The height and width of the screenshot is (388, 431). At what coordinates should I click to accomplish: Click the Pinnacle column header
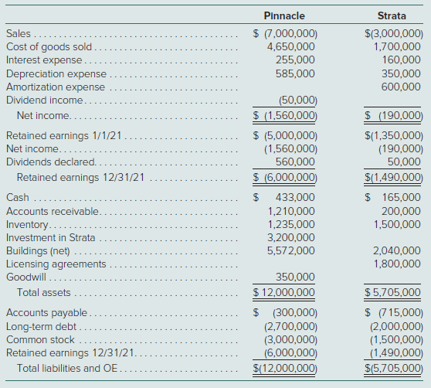[x=284, y=15]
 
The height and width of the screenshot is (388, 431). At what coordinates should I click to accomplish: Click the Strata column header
[x=392, y=15]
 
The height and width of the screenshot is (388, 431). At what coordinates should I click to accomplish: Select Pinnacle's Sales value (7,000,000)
[x=291, y=33]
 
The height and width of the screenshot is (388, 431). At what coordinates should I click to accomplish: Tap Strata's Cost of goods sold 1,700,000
[x=397, y=46]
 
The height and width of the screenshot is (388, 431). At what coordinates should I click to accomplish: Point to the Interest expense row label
[x=44, y=60]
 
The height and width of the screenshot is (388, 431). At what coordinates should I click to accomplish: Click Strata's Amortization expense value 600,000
[x=401, y=87]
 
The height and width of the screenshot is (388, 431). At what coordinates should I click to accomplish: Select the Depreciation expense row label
[x=56, y=73]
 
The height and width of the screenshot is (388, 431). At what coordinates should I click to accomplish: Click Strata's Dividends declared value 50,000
[x=404, y=162]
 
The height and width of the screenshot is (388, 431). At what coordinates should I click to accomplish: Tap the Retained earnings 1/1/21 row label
[x=64, y=135]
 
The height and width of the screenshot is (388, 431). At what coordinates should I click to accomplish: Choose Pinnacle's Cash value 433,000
[x=295, y=197]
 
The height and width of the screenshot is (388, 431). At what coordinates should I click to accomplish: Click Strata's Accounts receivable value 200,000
[x=401, y=211]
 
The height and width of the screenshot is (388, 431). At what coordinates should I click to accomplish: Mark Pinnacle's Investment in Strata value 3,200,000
[x=291, y=237]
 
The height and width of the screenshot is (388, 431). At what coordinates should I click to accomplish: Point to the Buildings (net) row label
[x=38, y=250]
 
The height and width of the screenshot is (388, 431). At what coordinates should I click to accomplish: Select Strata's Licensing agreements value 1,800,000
[x=397, y=264]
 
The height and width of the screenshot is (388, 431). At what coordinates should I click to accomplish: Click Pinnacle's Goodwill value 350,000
[x=295, y=277]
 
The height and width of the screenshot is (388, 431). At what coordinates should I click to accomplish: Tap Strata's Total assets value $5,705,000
[x=392, y=292]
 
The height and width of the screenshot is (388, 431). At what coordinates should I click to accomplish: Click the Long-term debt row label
[x=41, y=326]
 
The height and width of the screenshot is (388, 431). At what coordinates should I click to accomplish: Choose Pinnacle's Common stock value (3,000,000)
[x=291, y=340]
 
